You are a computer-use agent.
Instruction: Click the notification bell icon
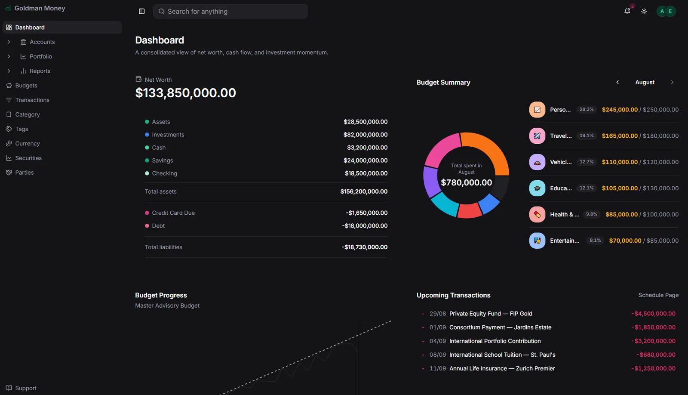[627, 11]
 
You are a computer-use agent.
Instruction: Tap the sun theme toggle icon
[644, 11]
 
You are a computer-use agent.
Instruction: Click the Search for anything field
[230, 11]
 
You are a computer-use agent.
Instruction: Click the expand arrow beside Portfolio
[9, 56]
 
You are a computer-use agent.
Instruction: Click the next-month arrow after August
[672, 82]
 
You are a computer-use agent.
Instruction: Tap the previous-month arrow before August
[617, 82]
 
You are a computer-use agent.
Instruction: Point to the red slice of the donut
[469, 211]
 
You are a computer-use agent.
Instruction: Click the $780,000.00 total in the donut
[466, 182]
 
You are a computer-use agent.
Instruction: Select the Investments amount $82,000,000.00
[365, 135]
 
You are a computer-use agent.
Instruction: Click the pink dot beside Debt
[147, 226]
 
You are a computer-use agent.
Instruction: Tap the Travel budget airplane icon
[537, 136]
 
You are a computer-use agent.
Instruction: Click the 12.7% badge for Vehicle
[587, 162]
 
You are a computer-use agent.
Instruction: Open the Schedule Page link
[658, 296]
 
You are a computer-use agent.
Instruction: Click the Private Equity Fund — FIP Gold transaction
[491, 314]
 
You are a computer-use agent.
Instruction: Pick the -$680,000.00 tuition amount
[656, 355]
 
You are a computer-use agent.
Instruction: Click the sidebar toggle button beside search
[141, 11]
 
